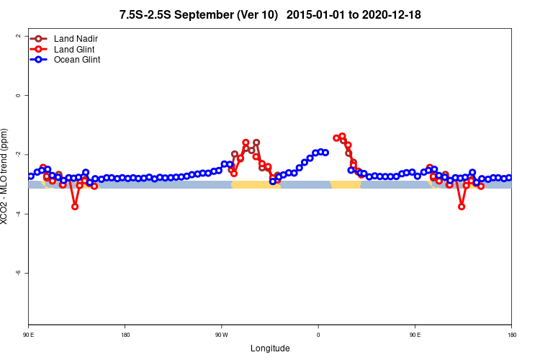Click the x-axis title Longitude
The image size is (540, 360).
click(270, 348)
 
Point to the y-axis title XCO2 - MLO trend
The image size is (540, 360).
click(6, 176)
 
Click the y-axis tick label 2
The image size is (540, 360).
click(18, 36)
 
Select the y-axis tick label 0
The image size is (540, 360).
click(18, 95)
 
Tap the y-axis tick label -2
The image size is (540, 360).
click(17, 155)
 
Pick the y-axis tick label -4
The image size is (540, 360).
click(17, 214)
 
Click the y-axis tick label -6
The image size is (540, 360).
click(17, 273)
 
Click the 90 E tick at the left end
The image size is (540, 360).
click(29, 335)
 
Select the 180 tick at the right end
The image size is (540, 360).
click(511, 335)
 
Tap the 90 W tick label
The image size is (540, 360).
click(221, 335)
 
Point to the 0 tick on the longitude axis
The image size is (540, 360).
click(318, 335)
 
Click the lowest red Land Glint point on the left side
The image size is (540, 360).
click(75, 207)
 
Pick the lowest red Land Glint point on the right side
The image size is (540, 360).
click(462, 207)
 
